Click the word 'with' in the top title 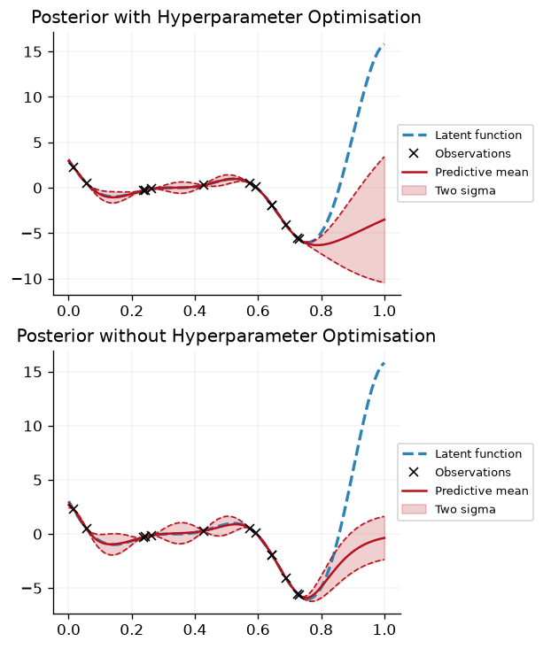pyautogui.click(x=134, y=18)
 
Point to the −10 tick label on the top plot pyautogui.click(x=27, y=279)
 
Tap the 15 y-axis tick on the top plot pyautogui.click(x=33, y=51)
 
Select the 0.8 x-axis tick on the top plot pyautogui.click(x=321, y=311)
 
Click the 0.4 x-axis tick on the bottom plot pyautogui.click(x=195, y=630)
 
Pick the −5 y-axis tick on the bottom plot pyautogui.click(x=33, y=588)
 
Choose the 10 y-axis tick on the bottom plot pyautogui.click(x=33, y=426)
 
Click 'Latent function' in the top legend pyautogui.click(x=478, y=135)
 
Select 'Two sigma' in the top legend pyautogui.click(x=465, y=191)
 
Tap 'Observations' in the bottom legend pyautogui.click(x=473, y=472)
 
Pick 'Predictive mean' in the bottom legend pyautogui.click(x=482, y=491)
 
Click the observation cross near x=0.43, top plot pyautogui.click(x=204, y=185)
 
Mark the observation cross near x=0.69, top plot pyautogui.click(x=286, y=225)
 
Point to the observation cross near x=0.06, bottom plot pyautogui.click(x=87, y=529)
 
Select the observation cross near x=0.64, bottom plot pyautogui.click(x=272, y=555)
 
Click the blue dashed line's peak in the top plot pyautogui.click(x=384, y=44)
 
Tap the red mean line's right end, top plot pyautogui.click(x=384, y=220)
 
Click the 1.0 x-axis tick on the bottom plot pyautogui.click(x=384, y=630)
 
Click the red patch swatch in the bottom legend pyautogui.click(x=415, y=509)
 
